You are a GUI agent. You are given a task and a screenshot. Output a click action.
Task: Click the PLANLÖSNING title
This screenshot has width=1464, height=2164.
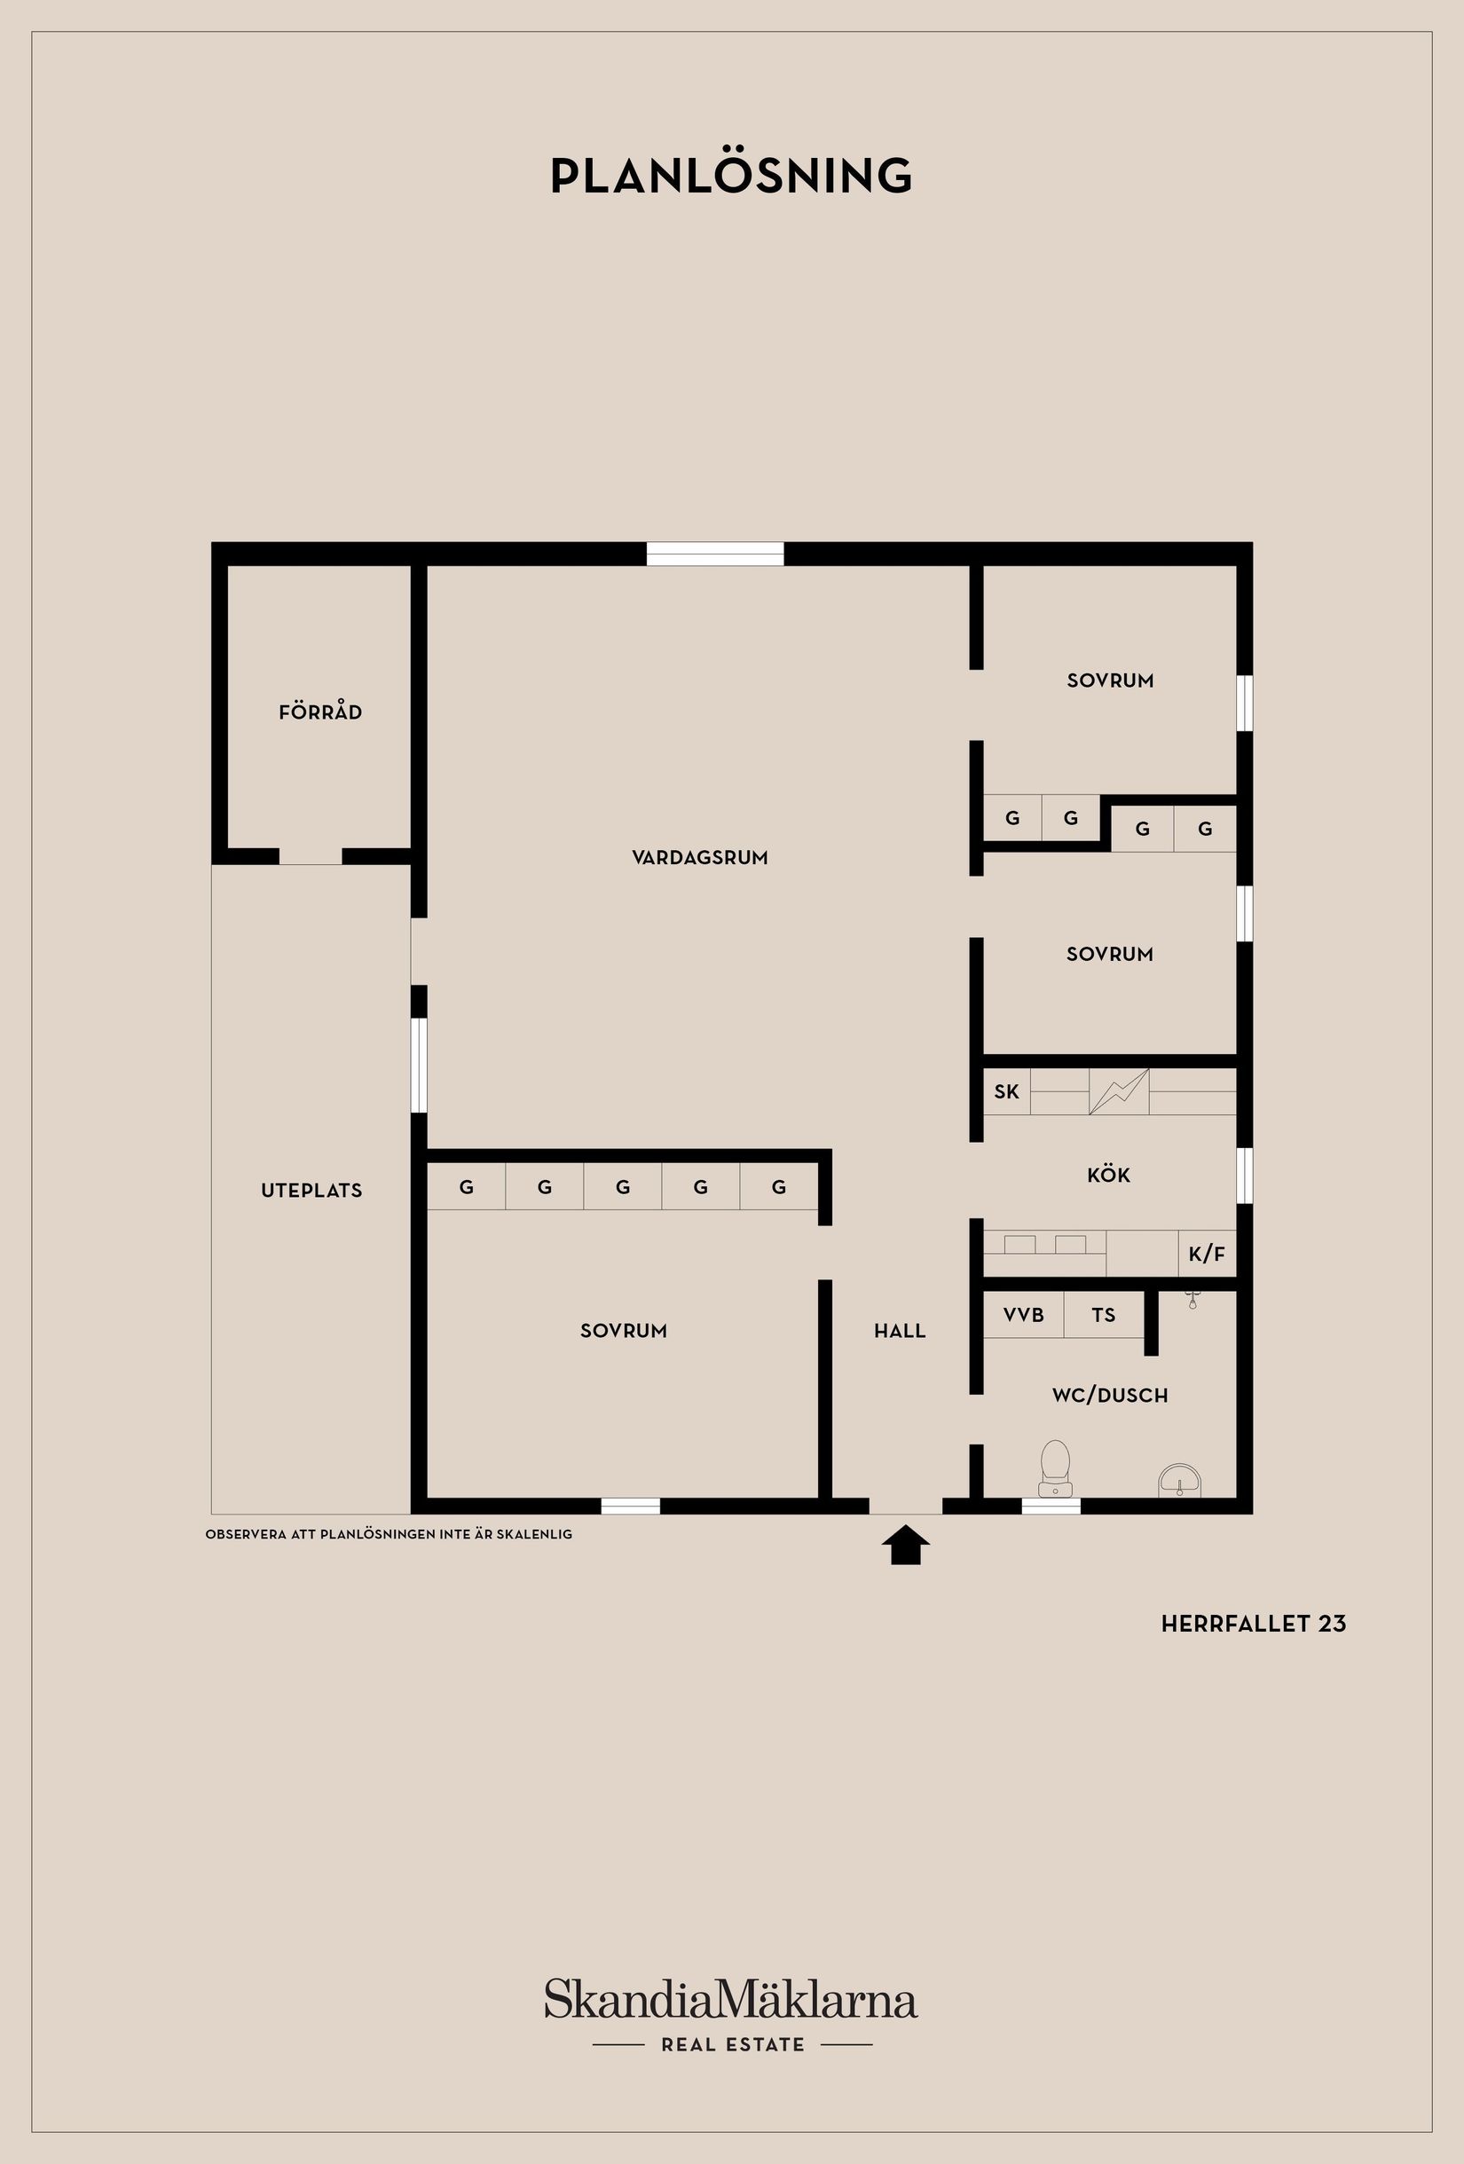tap(731, 175)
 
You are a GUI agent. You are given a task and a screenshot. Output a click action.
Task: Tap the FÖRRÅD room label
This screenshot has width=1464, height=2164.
tap(320, 712)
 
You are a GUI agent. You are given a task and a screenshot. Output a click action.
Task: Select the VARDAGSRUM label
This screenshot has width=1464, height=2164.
tap(699, 858)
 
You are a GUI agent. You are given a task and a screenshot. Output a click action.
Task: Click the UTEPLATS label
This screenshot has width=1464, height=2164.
tap(311, 1190)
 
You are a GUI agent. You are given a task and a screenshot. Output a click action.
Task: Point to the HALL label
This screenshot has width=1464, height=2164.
tap(900, 1331)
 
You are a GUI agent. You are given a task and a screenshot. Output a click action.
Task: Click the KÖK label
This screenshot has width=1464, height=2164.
tap(1108, 1175)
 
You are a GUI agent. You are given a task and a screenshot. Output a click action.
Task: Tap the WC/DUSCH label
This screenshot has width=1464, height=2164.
tap(1109, 1395)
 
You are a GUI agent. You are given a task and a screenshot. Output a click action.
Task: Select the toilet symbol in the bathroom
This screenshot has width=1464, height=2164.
tap(1054, 1468)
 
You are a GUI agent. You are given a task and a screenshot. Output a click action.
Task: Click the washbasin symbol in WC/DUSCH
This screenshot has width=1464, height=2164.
tap(1180, 1480)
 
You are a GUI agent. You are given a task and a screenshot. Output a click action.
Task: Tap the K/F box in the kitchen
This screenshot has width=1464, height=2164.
tap(1206, 1255)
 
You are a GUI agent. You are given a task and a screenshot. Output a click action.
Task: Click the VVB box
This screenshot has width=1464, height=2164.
tap(1024, 1315)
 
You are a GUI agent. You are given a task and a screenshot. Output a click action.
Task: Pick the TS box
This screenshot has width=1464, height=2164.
tap(1104, 1315)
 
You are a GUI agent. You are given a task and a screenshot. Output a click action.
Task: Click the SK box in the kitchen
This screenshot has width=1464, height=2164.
tap(1007, 1091)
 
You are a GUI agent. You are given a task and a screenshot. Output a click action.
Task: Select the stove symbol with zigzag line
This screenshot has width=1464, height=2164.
tap(1119, 1091)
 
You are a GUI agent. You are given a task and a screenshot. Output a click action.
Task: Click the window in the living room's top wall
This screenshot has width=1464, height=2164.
tap(715, 555)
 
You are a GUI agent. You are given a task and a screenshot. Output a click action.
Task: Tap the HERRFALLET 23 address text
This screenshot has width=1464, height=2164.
tap(1253, 1623)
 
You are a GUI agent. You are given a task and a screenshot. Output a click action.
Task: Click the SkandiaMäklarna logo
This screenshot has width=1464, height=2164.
tap(731, 2000)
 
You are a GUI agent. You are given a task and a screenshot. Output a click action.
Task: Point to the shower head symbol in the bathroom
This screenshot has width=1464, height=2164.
tap(1192, 1299)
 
